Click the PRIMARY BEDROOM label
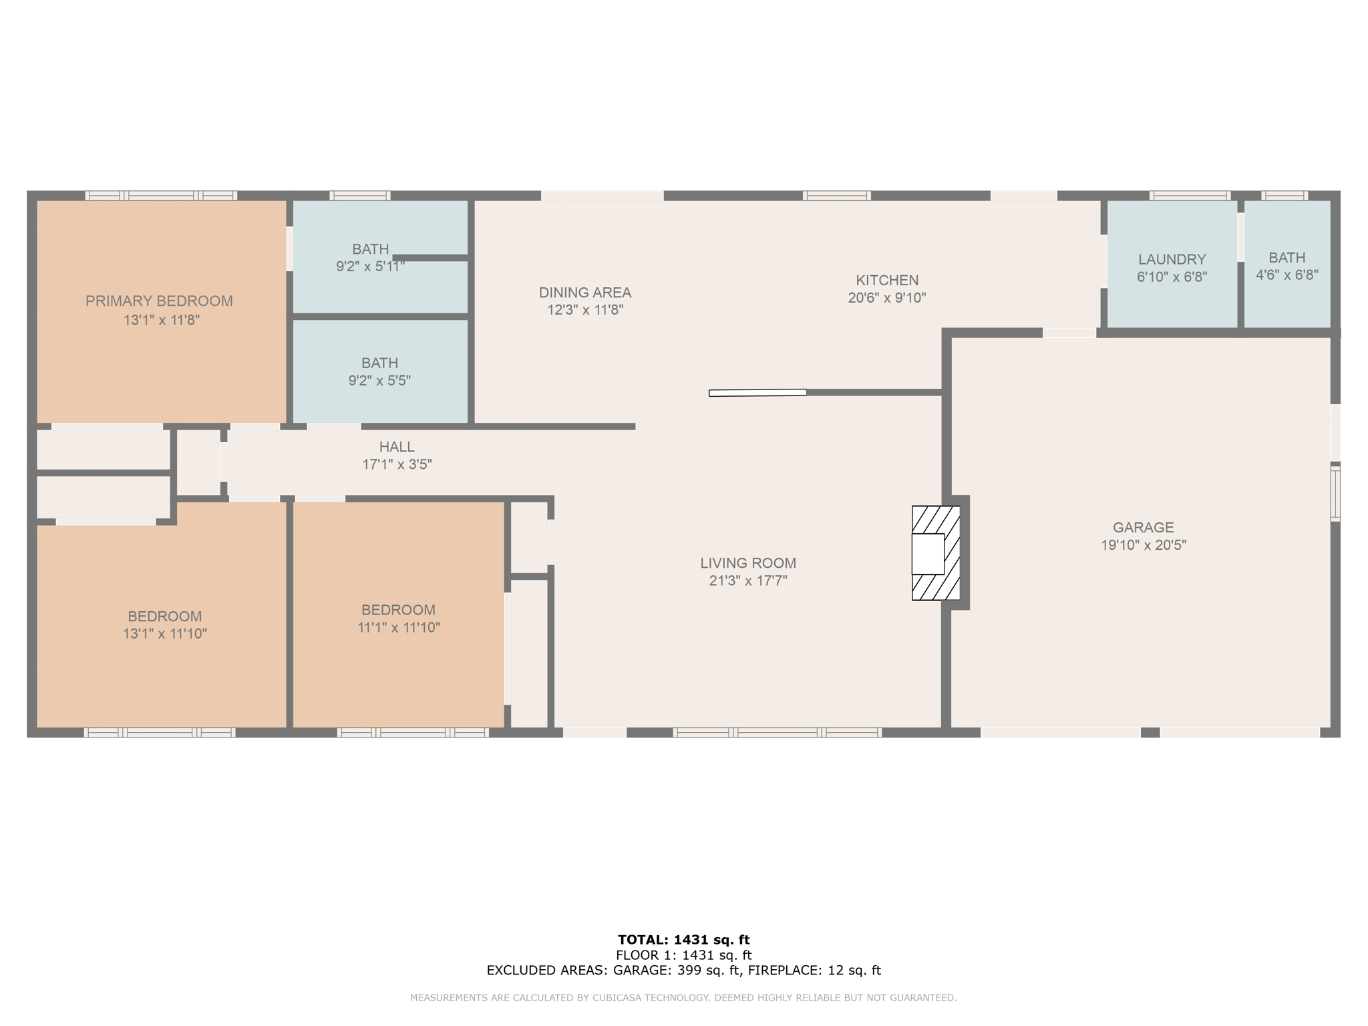[x=159, y=301]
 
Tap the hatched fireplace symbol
[x=936, y=553]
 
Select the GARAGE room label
[x=1143, y=527]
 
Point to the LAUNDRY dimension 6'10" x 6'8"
[x=1172, y=277]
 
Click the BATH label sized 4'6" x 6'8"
[x=1287, y=258]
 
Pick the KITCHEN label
[x=887, y=281]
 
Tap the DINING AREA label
[x=584, y=293]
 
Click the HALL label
[x=397, y=447]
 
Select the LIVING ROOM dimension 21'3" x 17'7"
[x=748, y=580]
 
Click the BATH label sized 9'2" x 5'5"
[x=379, y=363]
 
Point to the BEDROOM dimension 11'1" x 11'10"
[x=399, y=627]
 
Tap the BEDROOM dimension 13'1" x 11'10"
[x=165, y=633]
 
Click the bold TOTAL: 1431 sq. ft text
[x=683, y=940]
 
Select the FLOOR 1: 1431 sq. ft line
[x=683, y=955]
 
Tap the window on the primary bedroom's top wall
[x=161, y=196]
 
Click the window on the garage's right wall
[x=1335, y=494]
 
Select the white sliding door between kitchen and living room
[x=757, y=393]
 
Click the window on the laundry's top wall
[x=1190, y=196]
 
